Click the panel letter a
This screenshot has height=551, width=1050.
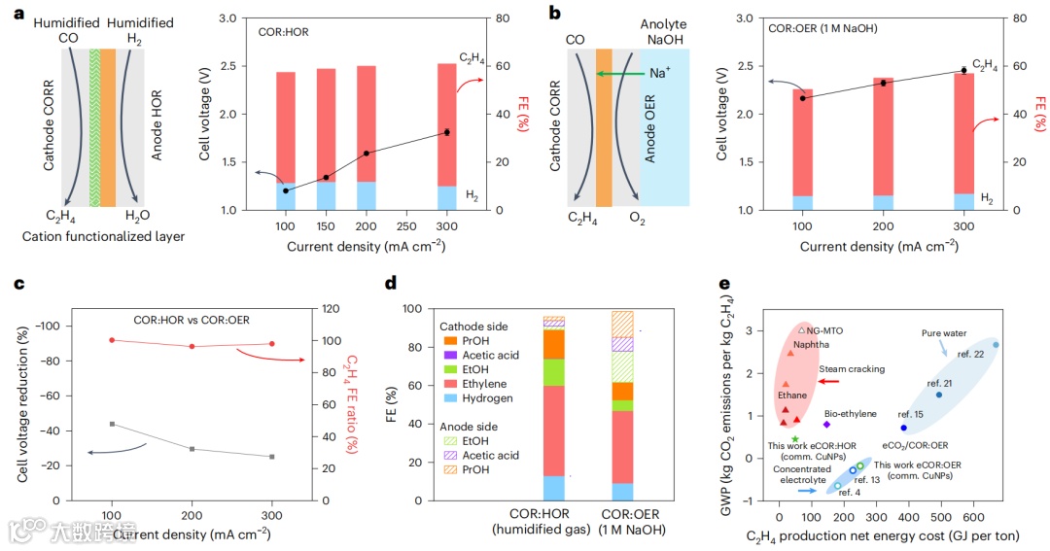point(17,15)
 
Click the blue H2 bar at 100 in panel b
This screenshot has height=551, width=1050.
point(802,203)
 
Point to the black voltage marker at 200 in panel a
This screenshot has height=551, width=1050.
point(367,154)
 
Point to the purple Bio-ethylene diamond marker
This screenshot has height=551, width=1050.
point(826,424)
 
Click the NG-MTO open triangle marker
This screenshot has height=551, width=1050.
point(801,330)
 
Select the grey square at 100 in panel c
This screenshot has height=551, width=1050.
point(112,424)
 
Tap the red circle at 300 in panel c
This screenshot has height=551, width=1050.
point(271,344)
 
